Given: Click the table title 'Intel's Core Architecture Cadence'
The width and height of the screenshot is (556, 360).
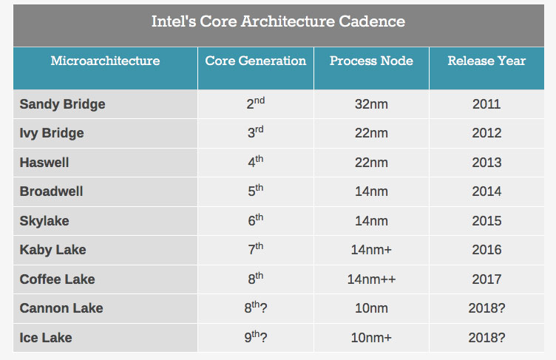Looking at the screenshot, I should [278, 21].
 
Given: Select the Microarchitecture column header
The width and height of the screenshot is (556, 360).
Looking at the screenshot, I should [105, 61].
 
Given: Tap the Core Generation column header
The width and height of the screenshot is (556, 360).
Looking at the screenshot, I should [255, 61].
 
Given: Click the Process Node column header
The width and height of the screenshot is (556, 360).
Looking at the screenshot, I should [371, 61].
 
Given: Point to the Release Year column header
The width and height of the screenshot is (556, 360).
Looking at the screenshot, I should [486, 61].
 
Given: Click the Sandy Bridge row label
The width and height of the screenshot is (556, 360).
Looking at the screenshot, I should [63, 104].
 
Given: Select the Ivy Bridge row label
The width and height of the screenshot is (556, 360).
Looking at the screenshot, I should [52, 133].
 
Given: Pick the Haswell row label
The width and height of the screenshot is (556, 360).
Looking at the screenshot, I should [44, 163].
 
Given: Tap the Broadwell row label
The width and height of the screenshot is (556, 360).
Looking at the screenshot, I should [52, 191].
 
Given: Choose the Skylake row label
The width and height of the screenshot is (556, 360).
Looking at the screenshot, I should [44, 221].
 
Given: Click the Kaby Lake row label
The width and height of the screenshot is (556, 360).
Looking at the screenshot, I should [53, 250].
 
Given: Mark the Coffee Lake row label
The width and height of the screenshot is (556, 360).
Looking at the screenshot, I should [58, 279].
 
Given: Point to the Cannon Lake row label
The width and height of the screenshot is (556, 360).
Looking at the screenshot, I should [61, 308].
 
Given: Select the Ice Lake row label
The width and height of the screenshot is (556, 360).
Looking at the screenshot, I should [47, 338].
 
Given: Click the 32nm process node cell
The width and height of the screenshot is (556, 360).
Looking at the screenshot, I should [371, 104].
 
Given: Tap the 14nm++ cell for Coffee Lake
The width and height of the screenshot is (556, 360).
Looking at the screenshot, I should [371, 279].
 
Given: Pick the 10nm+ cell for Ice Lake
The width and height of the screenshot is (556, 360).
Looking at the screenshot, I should [371, 338].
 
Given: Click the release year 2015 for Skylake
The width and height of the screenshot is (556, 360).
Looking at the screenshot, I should [486, 221].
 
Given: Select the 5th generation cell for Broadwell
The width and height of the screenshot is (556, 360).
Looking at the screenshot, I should [255, 191].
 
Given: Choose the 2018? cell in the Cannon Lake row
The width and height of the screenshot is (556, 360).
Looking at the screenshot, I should [486, 308].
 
